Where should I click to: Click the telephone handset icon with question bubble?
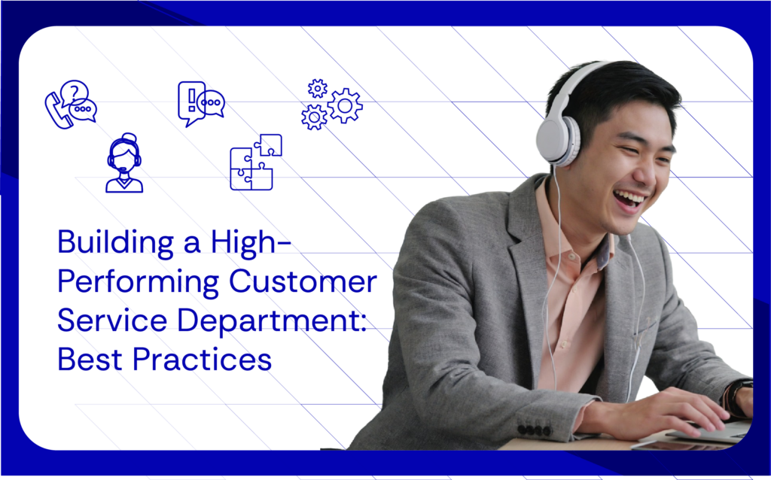[70, 105]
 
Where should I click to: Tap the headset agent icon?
[124, 164]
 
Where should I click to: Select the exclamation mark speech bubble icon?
[200, 102]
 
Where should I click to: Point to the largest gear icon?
[345, 105]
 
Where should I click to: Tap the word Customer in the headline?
[302, 282]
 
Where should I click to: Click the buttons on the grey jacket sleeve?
[535, 430]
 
